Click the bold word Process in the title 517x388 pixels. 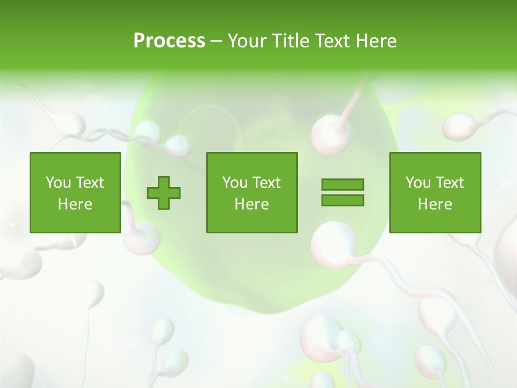tap(169, 41)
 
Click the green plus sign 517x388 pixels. tap(164, 193)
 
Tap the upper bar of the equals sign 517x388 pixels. tap(343, 184)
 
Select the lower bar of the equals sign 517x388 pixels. tap(343, 200)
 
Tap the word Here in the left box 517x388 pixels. tap(75, 204)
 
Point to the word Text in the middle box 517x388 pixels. tap(266, 183)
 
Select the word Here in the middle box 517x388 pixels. tap(251, 204)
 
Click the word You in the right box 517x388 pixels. tap(418, 183)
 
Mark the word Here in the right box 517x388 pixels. tap(435, 204)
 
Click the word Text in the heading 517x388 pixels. tap(331, 41)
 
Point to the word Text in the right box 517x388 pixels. tap(449, 183)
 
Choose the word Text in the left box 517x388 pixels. tap(89, 183)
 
